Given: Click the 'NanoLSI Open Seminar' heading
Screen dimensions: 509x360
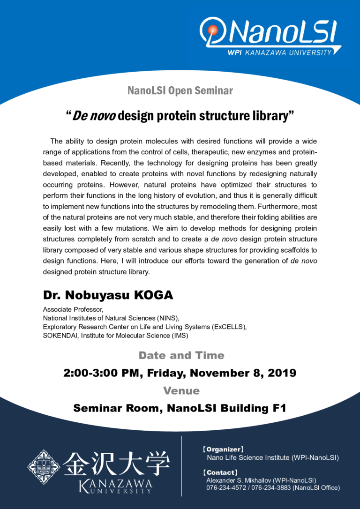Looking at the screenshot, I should point(180,91).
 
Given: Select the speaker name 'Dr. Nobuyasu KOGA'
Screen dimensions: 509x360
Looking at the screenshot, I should point(108,295).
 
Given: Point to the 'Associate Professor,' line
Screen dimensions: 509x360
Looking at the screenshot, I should point(70,310).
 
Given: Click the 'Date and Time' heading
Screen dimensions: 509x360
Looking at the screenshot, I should point(181,355).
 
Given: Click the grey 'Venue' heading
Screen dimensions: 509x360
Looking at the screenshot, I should point(181,390).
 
